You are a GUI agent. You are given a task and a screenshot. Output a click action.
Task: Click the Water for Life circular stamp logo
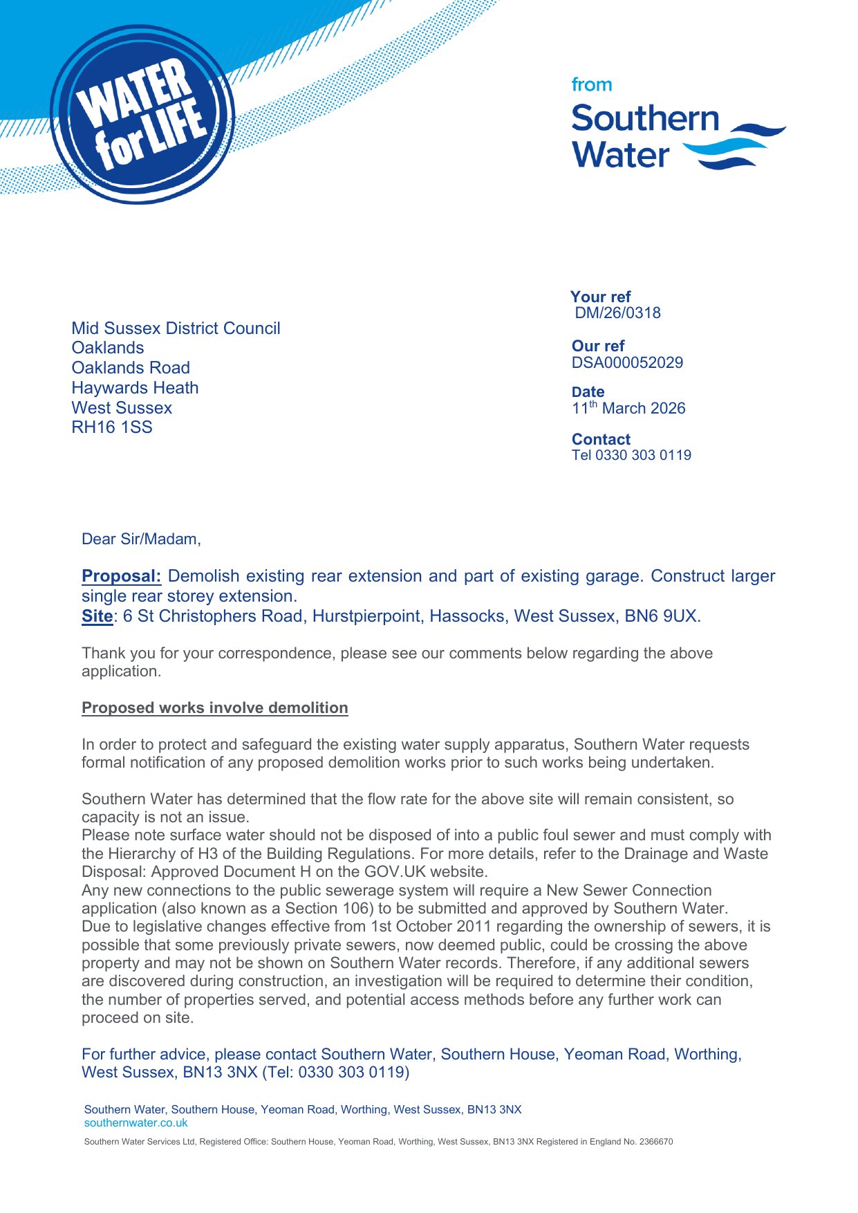coord(142,115)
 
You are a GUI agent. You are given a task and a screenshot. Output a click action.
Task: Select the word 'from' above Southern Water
coord(591,85)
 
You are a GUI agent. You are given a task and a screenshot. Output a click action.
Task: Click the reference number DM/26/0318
coord(617,313)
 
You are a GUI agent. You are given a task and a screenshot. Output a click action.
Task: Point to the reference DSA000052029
coord(627,363)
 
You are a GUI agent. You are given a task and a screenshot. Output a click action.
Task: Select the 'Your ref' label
coord(601,297)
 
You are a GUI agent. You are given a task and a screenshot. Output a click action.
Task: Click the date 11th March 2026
coord(628,408)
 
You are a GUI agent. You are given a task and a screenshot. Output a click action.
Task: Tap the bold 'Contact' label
coord(601,439)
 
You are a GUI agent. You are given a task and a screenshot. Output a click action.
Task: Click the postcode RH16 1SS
coord(112,427)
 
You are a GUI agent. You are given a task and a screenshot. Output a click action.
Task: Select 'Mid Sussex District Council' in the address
coord(176,328)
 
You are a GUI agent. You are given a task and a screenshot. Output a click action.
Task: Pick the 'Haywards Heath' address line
coord(135,388)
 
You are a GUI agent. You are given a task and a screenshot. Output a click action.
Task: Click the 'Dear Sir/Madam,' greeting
coord(141,539)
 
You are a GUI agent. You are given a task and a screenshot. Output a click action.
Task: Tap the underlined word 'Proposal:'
coord(121,576)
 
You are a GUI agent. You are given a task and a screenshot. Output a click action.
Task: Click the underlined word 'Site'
coord(97,616)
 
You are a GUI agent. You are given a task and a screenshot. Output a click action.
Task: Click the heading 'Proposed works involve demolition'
coord(214,708)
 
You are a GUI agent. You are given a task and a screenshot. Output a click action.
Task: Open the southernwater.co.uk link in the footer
coord(136,1123)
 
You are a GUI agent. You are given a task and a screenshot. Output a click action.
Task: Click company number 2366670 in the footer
coord(655,1142)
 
